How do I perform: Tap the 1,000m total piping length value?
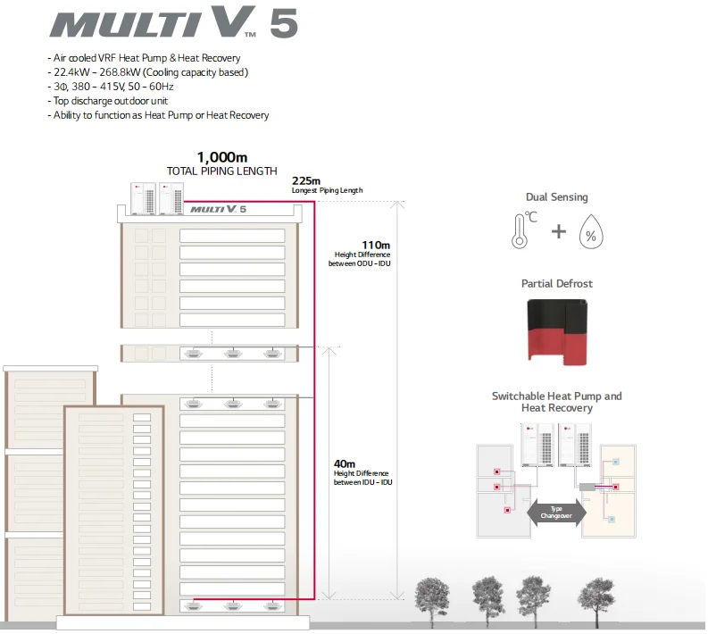221,157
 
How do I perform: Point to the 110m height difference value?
376,244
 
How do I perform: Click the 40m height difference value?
345,463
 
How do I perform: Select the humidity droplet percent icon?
589,232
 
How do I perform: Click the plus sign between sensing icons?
558,232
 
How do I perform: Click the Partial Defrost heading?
557,284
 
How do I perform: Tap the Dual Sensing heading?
557,197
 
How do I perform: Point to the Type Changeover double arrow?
556,512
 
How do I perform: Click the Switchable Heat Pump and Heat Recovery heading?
557,402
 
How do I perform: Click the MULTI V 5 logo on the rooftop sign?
218,209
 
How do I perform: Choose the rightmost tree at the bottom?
596,593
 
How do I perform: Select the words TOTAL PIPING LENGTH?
221,171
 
